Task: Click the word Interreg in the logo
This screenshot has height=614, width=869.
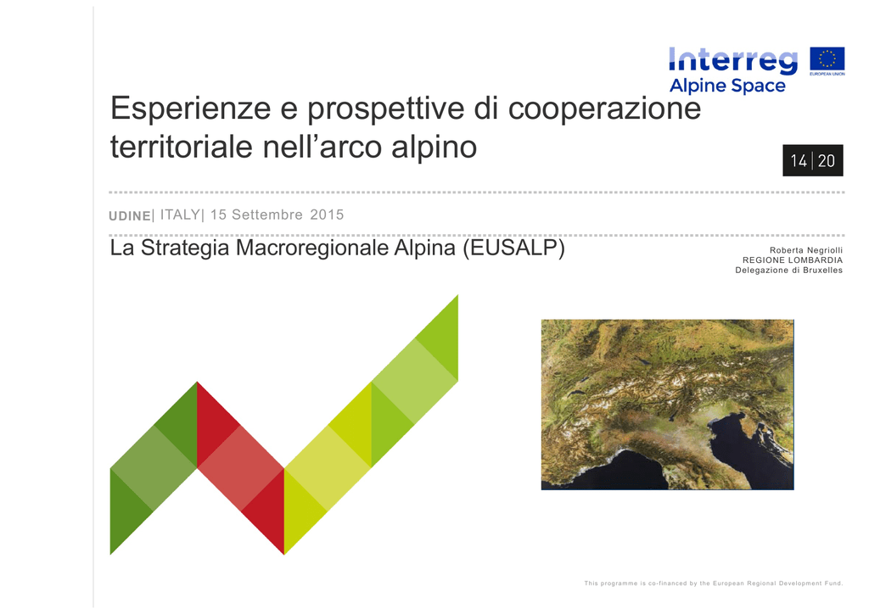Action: (733, 60)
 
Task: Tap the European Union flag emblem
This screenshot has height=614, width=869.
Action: (827, 59)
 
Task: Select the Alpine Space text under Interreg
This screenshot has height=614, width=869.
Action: (727, 86)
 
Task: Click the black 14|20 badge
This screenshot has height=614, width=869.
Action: (812, 160)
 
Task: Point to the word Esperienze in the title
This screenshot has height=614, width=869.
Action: (191, 108)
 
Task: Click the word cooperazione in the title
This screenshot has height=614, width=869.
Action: (604, 109)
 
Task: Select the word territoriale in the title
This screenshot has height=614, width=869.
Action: (182, 147)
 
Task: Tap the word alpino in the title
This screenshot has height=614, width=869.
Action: (434, 148)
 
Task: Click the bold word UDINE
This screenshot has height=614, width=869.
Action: (130, 216)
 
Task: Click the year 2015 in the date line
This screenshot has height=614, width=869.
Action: (327, 215)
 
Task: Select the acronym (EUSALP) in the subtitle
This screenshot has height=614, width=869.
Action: (513, 248)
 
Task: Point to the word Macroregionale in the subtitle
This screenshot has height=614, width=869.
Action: (312, 248)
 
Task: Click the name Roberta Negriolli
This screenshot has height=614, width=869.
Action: (806, 250)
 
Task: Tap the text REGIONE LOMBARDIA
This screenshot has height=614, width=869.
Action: (793, 260)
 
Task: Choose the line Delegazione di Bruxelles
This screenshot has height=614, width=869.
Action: (788, 271)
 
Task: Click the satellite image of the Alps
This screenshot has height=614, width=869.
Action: (667, 405)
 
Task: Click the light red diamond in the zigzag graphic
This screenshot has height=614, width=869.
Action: (240, 468)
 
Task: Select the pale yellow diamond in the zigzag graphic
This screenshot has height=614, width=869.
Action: (328, 468)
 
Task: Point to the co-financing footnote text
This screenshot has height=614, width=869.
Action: (713, 583)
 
